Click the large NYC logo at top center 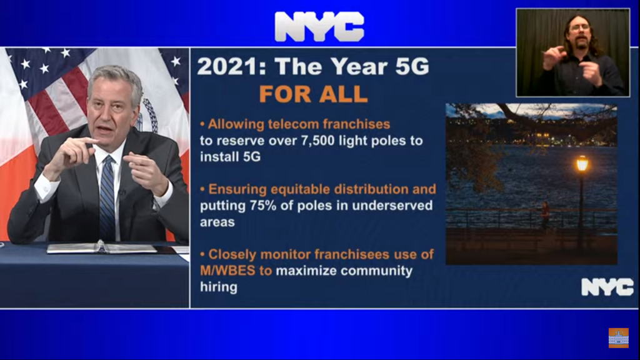point(319,26)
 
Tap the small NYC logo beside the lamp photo point(607,287)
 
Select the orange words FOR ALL point(314,94)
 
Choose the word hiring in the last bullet point(218,287)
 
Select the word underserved point(392,205)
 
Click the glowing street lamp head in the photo point(582,163)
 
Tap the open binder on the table point(102,247)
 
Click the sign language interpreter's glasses point(579,28)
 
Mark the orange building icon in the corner point(619,337)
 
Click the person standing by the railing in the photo point(545,215)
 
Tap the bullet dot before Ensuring point(202,189)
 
